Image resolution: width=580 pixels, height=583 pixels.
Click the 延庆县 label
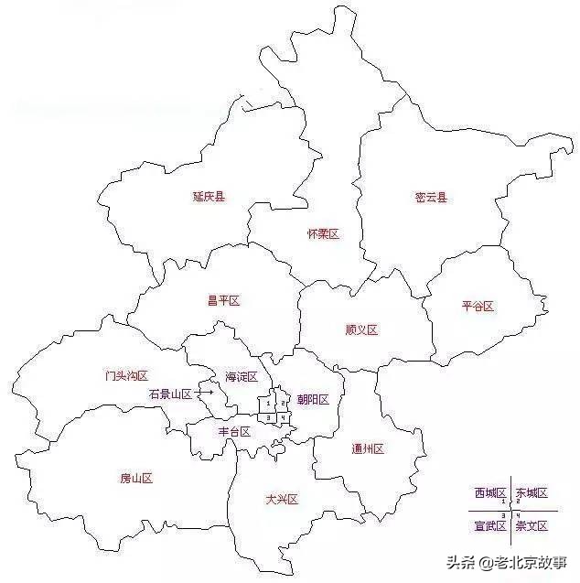tap(209, 196)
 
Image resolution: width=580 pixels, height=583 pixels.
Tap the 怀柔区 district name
tap(323, 234)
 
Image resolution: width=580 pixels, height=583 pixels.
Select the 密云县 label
tap(431, 197)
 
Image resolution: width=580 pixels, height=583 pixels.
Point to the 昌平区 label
tap(223, 300)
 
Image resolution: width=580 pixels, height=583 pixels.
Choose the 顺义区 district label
tap(361, 329)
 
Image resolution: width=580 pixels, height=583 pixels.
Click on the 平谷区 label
tap(478, 307)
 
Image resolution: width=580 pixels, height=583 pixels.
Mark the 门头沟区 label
tap(126, 375)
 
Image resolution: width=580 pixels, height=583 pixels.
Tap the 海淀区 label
tap(242, 377)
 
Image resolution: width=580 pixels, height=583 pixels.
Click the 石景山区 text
tap(170, 394)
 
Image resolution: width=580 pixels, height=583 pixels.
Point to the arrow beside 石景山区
tap(205, 393)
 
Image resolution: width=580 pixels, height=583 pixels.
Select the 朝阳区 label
tap(313, 400)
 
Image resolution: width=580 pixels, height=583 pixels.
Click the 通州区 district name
tap(368, 448)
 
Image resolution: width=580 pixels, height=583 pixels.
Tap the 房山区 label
tap(135, 478)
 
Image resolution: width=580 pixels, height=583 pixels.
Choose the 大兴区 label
tap(282, 499)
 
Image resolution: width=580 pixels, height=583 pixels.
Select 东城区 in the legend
tap(532, 493)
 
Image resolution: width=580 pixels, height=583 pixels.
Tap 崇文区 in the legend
tap(532, 525)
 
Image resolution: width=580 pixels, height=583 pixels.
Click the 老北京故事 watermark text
tap(531, 560)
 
